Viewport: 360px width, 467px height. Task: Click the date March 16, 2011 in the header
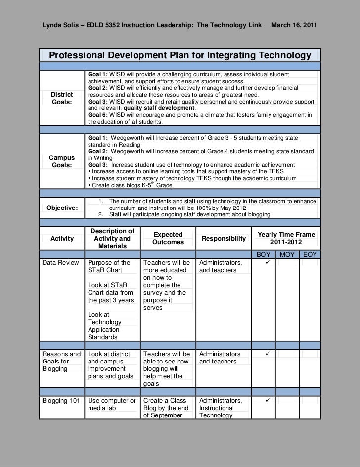pyautogui.click(x=295, y=25)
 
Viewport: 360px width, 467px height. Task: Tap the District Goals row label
pyautogui.click(x=62, y=98)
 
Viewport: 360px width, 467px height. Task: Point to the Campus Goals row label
pyautogui.click(x=62, y=161)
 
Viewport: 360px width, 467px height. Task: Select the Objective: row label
pyautogui.click(x=62, y=208)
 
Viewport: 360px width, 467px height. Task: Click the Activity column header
pyautogui.click(x=62, y=238)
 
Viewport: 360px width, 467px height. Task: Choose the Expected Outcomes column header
pyautogui.click(x=168, y=238)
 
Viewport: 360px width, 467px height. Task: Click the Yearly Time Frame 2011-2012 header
pyautogui.click(x=286, y=238)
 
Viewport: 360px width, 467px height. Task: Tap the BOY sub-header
pyautogui.click(x=263, y=254)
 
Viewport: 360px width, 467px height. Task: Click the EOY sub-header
pyautogui.click(x=310, y=254)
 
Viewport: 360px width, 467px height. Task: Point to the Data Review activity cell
pyautogui.click(x=61, y=263)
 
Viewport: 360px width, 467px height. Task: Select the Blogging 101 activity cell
pyautogui.click(x=61, y=401)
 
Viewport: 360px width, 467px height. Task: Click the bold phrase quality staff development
pyautogui.click(x=159, y=108)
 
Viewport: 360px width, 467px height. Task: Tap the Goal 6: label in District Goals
pyautogui.click(x=98, y=115)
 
